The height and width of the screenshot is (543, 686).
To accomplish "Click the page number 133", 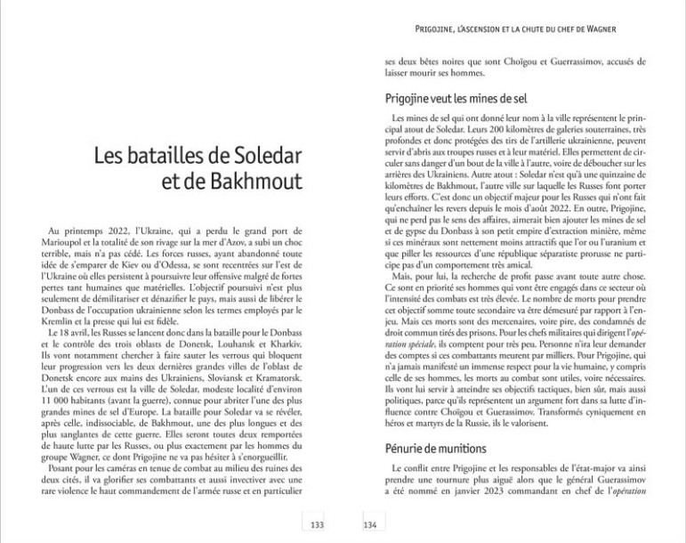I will click(316, 524).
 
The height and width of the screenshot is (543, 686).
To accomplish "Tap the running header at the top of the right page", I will click(516, 28).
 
